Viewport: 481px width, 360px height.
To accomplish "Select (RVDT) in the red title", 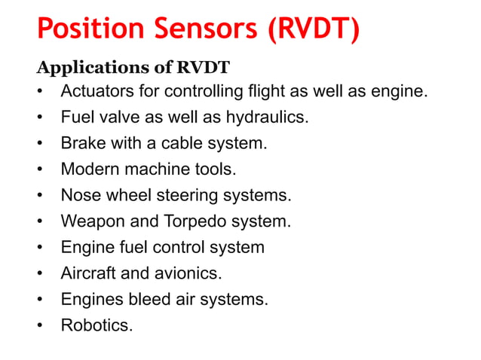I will point(310,30).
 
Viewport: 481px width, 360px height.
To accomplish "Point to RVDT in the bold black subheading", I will point(204,68).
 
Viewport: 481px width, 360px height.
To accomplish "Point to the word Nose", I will point(79,196).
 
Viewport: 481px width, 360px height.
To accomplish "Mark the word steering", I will point(201,197).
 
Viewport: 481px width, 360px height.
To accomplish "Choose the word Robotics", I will point(96,325).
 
